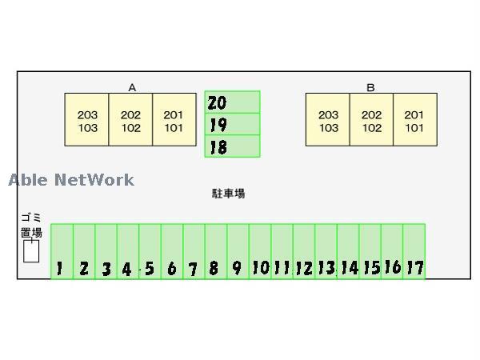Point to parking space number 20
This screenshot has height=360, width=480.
232,102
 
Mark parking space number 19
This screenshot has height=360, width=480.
232,124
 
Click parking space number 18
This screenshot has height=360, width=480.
232,146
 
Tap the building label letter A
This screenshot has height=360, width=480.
131,87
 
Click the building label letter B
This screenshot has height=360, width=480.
370,87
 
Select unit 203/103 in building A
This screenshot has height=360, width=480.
87,120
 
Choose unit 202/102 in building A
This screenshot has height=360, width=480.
130,120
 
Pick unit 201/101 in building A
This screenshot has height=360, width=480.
174,120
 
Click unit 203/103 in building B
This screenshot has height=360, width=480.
328,120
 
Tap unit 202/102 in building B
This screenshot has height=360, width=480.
371,120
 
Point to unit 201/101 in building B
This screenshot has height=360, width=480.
414,120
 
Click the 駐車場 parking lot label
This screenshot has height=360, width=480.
228,194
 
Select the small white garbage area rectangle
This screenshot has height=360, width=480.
31,251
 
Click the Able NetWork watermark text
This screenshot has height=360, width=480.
71,180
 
